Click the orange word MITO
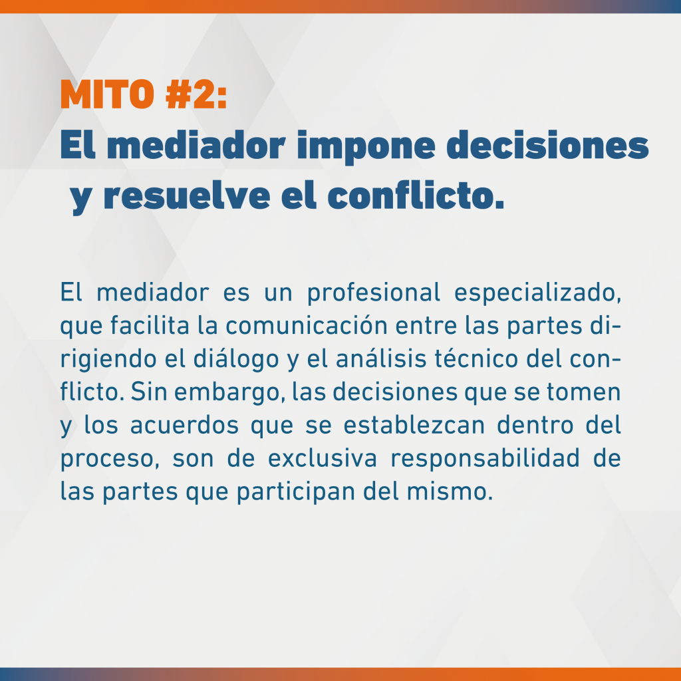tap(107, 94)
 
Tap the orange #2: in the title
tap(196, 94)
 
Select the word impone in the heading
tap(366, 147)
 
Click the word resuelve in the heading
tap(187, 196)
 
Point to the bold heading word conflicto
tap(416, 196)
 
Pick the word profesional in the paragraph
tap(374, 293)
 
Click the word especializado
tap(537, 293)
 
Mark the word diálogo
tap(236, 360)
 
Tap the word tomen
tap(583, 392)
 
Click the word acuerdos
tap(185, 425)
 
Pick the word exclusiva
tap(323, 458)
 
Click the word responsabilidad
tap(485, 459)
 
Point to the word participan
tap(296, 493)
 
